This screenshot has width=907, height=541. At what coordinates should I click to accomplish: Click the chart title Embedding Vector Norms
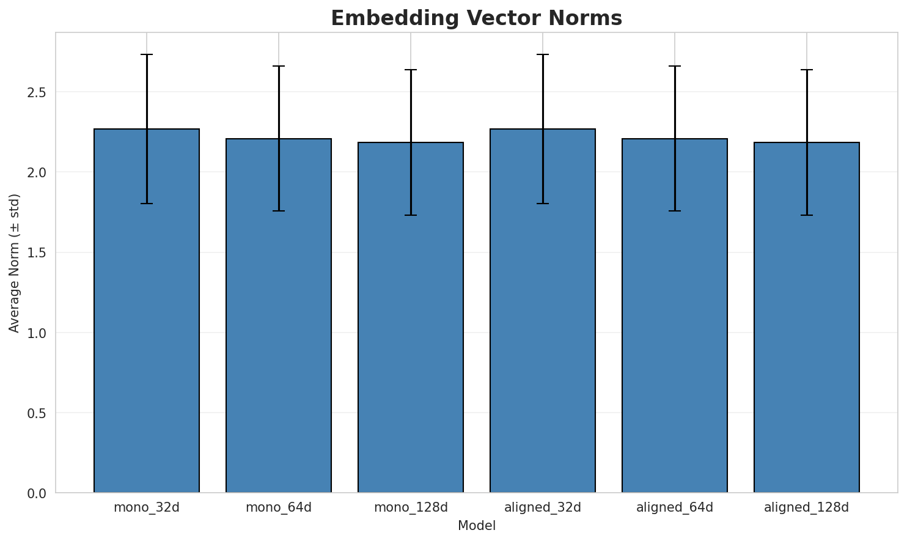tap(476, 18)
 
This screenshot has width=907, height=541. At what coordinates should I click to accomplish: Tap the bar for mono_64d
tap(279, 315)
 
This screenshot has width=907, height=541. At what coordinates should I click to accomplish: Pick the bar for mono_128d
tap(411, 317)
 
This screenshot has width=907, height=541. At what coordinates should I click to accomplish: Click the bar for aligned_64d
tap(675, 315)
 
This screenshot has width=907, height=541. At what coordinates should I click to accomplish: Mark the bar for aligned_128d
tap(807, 317)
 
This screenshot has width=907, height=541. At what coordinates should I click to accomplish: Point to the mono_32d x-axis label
tap(147, 507)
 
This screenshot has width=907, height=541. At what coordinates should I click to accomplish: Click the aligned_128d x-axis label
tap(807, 507)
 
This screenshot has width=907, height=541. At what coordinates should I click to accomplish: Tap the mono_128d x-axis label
tap(411, 507)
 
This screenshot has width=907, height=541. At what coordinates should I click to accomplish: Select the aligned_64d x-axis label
tap(675, 507)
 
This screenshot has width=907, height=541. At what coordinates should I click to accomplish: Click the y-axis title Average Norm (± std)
tap(15, 263)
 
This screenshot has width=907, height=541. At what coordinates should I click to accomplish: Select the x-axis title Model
tap(476, 526)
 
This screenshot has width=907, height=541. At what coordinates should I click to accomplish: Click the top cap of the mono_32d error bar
tap(147, 54)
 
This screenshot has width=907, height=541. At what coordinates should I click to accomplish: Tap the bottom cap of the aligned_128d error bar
tap(807, 215)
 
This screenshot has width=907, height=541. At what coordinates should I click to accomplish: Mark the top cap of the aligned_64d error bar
tap(675, 66)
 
